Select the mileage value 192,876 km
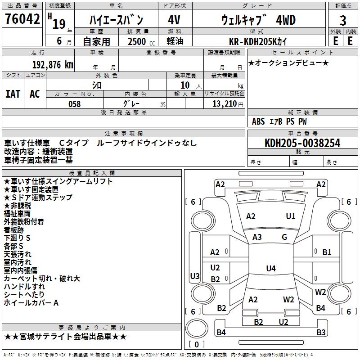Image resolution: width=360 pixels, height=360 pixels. pos(52,64)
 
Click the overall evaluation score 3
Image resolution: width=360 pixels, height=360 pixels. pos(343,21)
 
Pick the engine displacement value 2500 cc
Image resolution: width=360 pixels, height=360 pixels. pos(137,41)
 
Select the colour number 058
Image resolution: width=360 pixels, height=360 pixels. pos(74,104)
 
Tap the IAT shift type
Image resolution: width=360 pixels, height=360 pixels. pos(13,94)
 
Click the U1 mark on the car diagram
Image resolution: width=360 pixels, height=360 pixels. pos(291,216)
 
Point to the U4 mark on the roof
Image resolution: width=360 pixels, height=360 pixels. pos(270,269)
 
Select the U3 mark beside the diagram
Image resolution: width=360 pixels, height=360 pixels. pos(195,276)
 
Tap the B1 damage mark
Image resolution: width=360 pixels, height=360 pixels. pos(327,252)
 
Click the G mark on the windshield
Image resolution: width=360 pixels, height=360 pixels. pos(284,237)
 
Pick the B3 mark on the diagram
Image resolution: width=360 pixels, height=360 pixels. pos(320,333)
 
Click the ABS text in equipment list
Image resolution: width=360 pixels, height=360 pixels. pos(258,121)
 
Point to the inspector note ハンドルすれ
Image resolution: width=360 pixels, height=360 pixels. pos(24,287)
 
